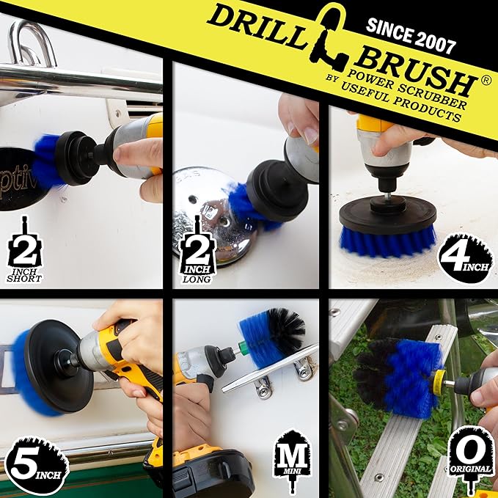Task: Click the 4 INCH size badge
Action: (465, 257)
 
